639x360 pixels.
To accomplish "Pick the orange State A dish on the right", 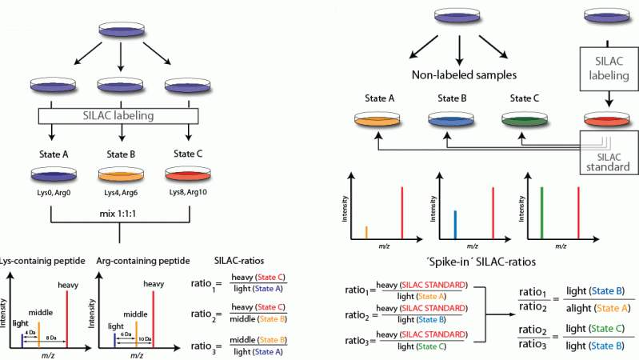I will (x=377, y=121).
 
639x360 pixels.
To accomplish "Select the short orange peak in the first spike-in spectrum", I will (x=366, y=232).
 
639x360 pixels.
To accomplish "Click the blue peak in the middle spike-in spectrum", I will (x=454, y=224).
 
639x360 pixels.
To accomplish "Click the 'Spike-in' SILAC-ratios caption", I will (x=475, y=261).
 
